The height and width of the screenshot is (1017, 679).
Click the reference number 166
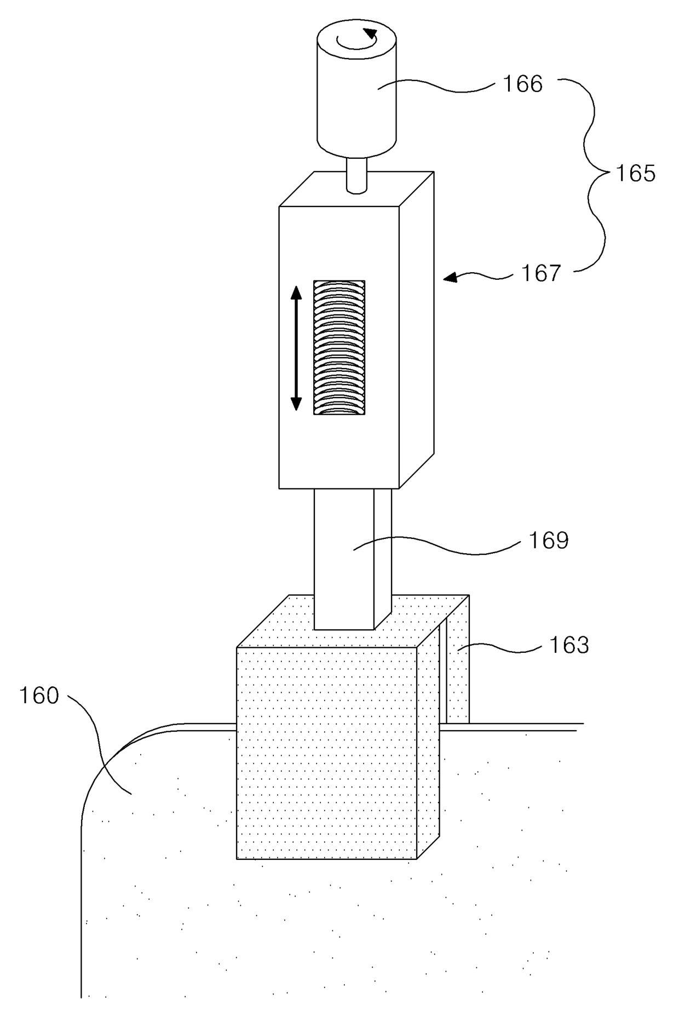tap(523, 84)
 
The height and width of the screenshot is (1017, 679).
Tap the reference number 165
tap(635, 174)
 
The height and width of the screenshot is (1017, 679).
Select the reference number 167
tap(541, 273)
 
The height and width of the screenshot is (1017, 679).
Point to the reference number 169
tap(549, 541)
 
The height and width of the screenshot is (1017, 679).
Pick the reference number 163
tap(569, 645)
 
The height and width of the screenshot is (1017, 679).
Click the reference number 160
tap(39, 696)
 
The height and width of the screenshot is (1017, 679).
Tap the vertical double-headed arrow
tap(296, 348)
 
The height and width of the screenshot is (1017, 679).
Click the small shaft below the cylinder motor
tap(357, 174)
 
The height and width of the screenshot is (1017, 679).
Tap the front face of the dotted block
tap(326, 754)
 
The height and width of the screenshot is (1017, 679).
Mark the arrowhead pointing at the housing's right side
tap(450, 278)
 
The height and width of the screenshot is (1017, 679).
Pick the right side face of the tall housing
tap(417, 330)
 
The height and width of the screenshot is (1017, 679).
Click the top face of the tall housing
tap(356, 189)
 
